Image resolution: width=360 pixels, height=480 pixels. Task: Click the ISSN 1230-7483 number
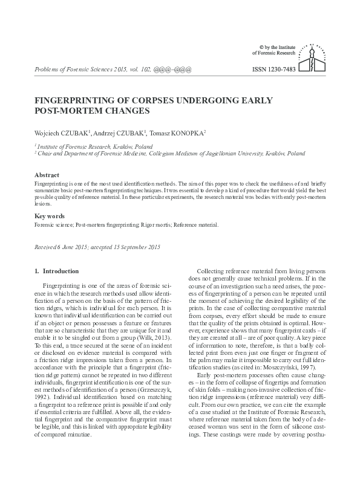273,70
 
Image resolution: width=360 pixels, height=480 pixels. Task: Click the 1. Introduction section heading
57,271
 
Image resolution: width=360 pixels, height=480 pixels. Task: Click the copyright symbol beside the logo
261,47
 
